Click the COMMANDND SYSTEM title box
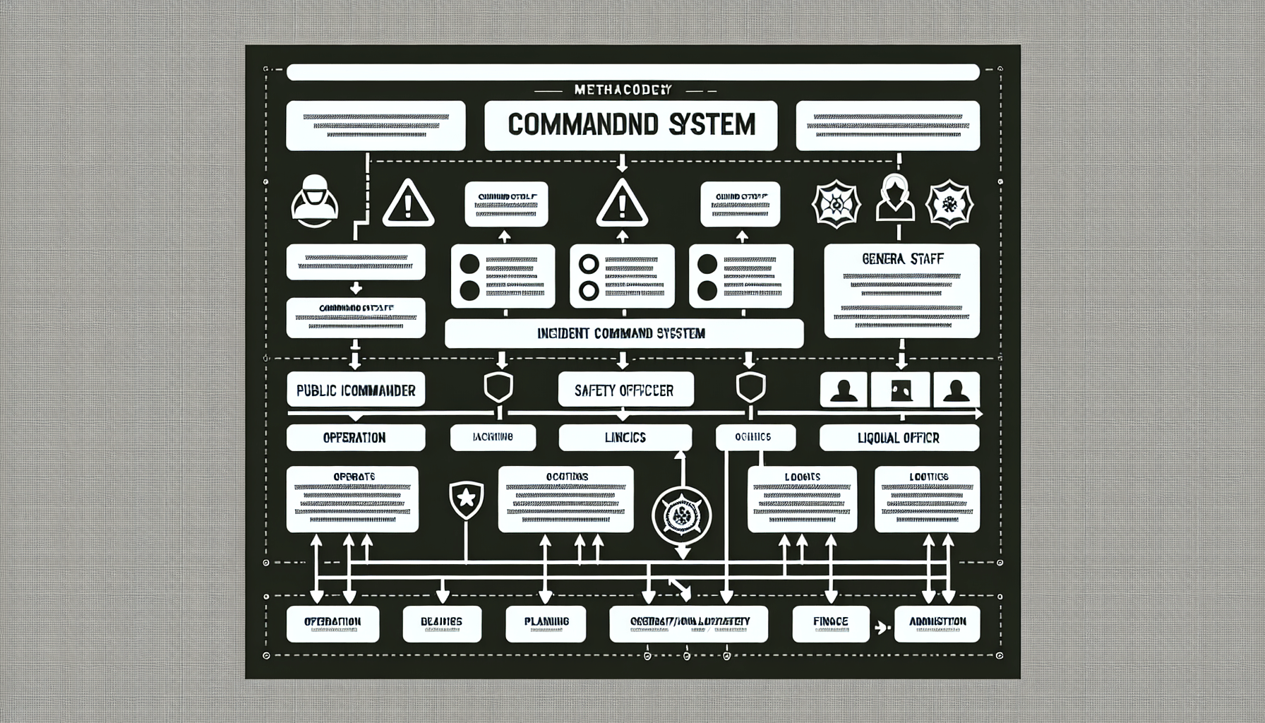click(631, 125)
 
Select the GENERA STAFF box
click(901, 291)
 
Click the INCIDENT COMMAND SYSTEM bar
click(624, 333)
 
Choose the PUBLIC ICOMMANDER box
click(356, 390)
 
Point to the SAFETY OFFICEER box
click(625, 390)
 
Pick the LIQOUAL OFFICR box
click(899, 438)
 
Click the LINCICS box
click(625, 438)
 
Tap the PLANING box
click(546, 622)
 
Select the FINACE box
click(829, 622)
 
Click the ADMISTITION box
click(937, 622)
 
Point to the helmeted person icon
click(314, 201)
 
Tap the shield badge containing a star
click(466, 499)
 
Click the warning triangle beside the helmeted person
click(407, 203)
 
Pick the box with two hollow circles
click(621, 276)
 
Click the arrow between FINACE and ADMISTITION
click(880, 625)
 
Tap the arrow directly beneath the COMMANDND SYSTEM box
click(622, 165)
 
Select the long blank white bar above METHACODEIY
click(632, 72)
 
